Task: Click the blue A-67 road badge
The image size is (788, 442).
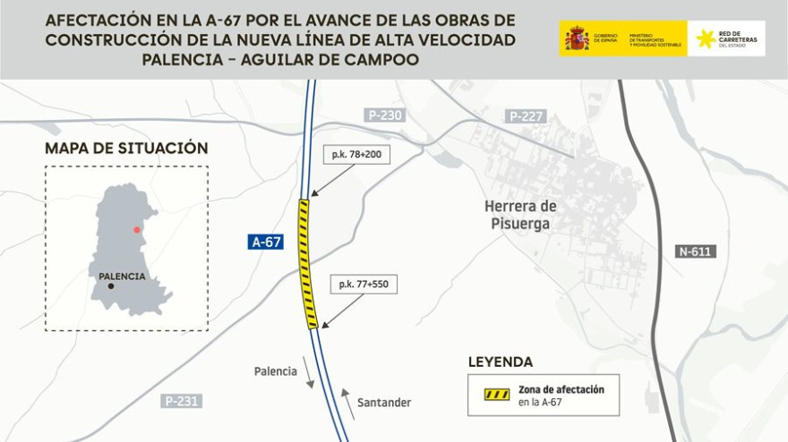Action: pos(266,242)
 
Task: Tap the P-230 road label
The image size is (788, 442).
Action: pos(385,115)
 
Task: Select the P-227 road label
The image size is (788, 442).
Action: pos(527,116)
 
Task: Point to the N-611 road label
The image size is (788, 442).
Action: pos(695,251)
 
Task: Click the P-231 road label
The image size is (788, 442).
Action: pos(181,401)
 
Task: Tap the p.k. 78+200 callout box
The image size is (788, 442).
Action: pos(356,155)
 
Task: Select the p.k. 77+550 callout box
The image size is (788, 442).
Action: pos(363,285)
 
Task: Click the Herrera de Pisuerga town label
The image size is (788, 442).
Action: pos(520,215)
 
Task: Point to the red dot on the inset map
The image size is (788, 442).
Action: pos(137,230)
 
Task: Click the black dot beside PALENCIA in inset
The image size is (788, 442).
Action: pos(111,286)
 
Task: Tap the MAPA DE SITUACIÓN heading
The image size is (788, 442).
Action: pos(126,149)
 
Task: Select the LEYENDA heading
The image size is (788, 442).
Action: pos(500,362)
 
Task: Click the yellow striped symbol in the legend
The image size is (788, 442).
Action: pos(497,395)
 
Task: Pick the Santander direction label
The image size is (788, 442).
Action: pos(384,403)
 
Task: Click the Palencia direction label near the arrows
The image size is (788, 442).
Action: pos(275,371)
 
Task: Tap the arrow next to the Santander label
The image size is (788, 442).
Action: pos(347,404)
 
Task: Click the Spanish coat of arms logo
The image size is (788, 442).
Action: pos(577,38)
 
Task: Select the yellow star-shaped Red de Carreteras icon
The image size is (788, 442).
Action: pos(706,38)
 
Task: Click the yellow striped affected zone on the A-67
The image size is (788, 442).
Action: pos(307,264)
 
